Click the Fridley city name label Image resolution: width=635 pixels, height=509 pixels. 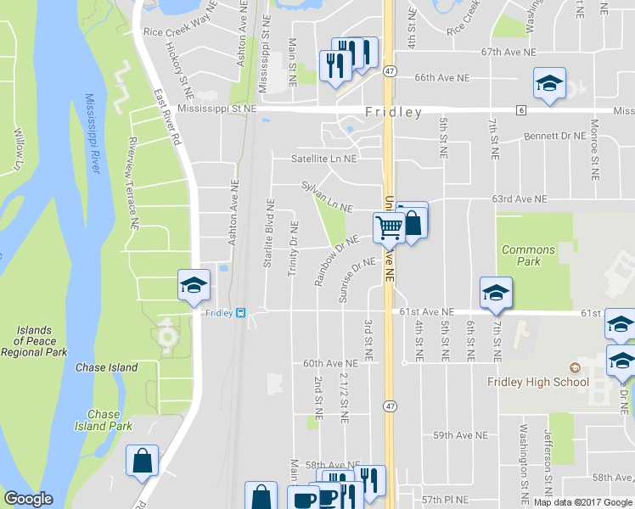393,112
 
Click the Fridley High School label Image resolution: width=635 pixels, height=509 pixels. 538,382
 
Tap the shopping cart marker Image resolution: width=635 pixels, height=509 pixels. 389,227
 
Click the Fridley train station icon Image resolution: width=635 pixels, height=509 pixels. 241,312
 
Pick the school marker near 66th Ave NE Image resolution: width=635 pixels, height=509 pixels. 549,83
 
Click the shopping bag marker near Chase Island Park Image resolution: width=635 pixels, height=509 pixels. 143,461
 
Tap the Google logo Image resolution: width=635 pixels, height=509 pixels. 28,499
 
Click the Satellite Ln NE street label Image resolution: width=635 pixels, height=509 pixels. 324,158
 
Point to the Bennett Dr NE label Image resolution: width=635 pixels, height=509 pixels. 554,135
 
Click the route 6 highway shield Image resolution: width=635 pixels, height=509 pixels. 520,110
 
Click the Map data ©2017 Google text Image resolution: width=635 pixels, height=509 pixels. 582,502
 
